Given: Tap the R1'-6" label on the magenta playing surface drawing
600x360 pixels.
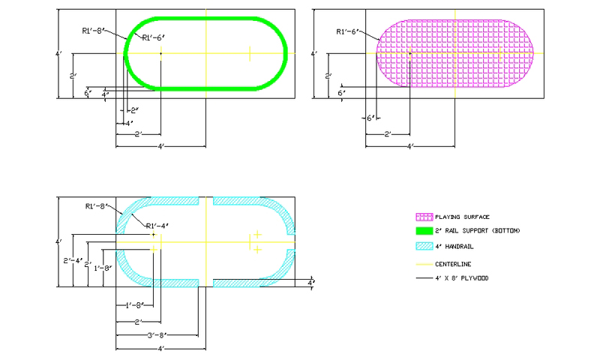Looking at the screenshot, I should pos(347,32).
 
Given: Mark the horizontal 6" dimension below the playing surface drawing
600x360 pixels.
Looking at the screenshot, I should pos(370,118).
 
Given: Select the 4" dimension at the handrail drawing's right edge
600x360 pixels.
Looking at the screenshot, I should pos(312,282).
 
